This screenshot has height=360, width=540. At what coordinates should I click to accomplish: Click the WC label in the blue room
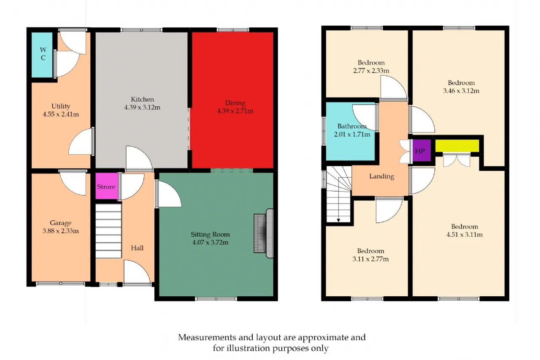click(x=43, y=54)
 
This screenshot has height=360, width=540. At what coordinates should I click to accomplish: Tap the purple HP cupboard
click(x=421, y=151)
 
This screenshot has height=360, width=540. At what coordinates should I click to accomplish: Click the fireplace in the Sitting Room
click(x=264, y=233)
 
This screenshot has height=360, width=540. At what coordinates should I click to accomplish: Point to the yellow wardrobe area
click(x=457, y=146)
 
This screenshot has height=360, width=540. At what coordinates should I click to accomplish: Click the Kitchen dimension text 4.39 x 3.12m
click(x=142, y=107)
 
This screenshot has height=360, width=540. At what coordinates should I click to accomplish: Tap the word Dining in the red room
click(x=235, y=103)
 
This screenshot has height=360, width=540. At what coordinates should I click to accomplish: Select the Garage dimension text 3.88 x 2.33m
click(x=60, y=231)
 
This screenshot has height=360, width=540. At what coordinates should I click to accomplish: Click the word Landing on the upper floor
click(x=382, y=176)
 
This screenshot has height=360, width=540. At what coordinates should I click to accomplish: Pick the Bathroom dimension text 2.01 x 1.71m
click(x=352, y=134)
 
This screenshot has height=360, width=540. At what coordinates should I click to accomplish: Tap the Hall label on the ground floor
click(x=137, y=248)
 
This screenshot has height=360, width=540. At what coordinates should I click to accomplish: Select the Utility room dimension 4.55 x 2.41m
click(x=61, y=114)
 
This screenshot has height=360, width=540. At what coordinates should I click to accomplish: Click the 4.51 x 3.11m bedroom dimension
click(x=464, y=234)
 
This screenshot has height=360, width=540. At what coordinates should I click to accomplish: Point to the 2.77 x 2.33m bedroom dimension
click(x=371, y=70)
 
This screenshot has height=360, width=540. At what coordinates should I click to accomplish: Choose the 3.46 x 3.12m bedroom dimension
click(x=461, y=91)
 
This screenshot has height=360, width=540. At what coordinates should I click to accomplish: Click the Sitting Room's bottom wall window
click(x=216, y=299)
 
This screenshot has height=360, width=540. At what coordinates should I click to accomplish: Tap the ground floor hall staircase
click(x=108, y=231)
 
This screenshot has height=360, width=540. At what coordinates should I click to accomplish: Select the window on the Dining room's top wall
click(x=232, y=30)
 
